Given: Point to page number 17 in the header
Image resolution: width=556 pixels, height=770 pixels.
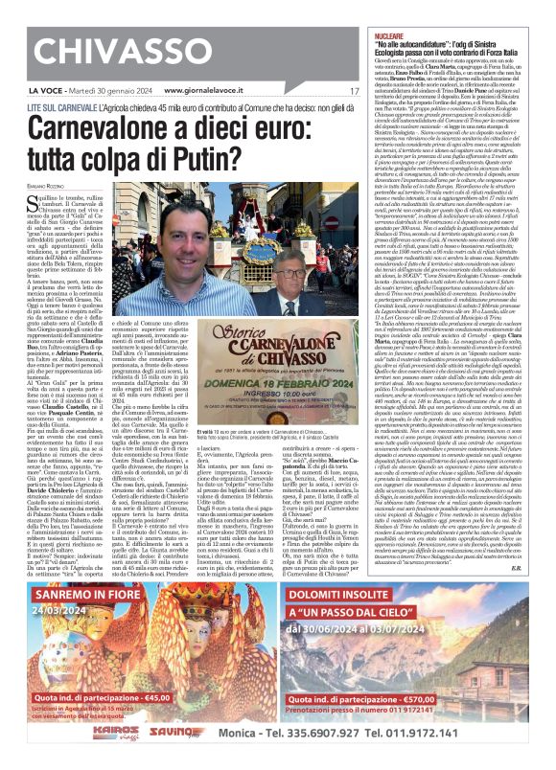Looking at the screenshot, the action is [354, 91].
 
